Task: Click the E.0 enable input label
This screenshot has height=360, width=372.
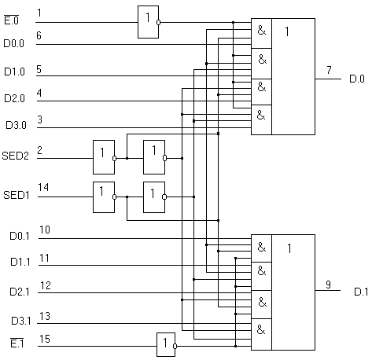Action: [12, 20]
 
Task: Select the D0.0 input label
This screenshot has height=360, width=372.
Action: [13, 43]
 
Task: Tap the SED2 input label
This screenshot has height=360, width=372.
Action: [15, 156]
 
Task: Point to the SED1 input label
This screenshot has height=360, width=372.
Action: [17, 195]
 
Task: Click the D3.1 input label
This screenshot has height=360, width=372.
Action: [21, 321]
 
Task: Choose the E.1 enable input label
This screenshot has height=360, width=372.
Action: [17, 343]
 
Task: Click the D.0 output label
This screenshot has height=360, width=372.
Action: [357, 79]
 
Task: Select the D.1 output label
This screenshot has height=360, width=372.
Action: [361, 292]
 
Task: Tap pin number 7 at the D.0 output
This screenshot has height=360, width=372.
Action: [329, 70]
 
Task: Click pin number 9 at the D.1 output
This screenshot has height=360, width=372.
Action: [328, 285]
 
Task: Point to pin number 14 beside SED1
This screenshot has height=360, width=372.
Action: [43, 187]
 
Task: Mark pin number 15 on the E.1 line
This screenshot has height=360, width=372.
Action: [45, 339]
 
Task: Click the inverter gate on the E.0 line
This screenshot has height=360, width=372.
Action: [148, 22]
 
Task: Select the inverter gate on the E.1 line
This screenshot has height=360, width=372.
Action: [166, 344]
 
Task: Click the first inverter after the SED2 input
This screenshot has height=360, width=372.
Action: [104, 157]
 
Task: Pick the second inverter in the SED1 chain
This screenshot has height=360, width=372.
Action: [154, 197]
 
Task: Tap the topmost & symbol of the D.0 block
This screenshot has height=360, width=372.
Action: [262, 31]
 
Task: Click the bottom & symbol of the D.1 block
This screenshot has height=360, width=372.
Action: [261, 329]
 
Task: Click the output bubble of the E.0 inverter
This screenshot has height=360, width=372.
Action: [158, 22]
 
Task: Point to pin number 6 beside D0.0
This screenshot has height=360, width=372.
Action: [39, 35]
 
